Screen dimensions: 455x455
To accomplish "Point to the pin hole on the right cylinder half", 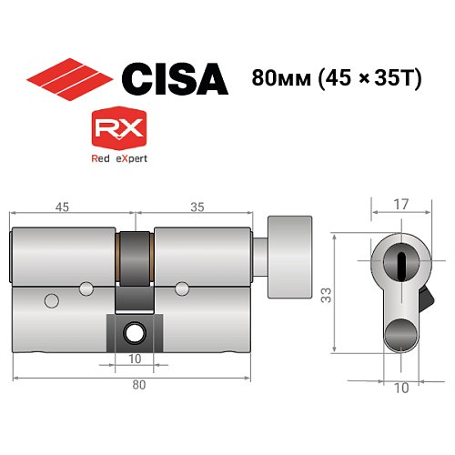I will pos(180,289).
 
